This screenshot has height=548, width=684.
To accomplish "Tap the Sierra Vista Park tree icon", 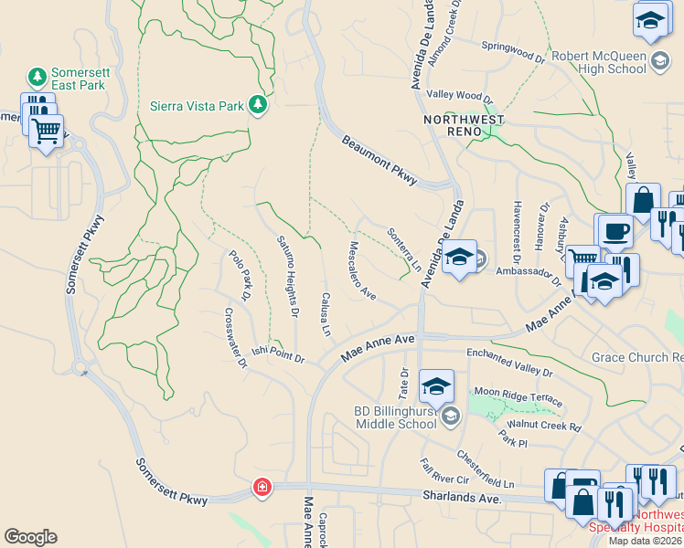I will coord(258,105).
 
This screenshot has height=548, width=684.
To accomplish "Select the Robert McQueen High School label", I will coord(599,62).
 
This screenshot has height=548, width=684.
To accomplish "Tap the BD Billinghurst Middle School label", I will coord(395,417).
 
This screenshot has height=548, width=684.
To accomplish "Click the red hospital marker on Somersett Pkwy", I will coord(263,487).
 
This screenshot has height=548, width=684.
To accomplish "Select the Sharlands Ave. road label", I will coord(462,498).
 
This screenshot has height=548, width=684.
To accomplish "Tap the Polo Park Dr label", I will coord(240,275).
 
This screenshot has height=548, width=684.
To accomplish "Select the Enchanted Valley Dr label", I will coord(509,362).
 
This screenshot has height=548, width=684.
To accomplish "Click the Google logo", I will coord(30,537).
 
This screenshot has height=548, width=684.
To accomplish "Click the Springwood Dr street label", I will coord(512,51).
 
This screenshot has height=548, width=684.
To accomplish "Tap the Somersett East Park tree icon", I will coord(37,75).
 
